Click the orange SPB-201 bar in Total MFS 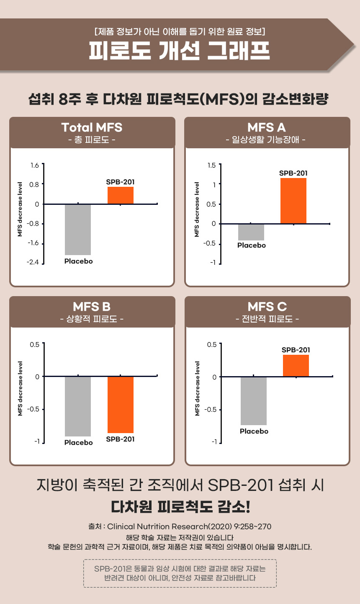[x=121, y=195]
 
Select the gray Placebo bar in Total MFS [x=78, y=230]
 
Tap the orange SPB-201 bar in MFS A [x=293, y=201]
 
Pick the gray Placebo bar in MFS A [x=251, y=232]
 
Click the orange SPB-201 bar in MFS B [x=121, y=405]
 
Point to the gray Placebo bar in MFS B [x=78, y=406]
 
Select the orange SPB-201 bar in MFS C [x=296, y=366]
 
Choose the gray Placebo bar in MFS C [x=254, y=401]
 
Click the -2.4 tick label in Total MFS [x=33, y=263]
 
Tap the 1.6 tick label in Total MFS [x=35, y=165]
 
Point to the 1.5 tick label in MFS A [x=212, y=165]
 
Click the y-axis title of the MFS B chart [x=20, y=388]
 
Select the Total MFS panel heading [x=92, y=127]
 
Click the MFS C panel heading [x=267, y=307]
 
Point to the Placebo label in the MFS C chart [x=254, y=431]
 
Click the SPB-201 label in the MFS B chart [x=121, y=439]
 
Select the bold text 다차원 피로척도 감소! [x=180, y=507]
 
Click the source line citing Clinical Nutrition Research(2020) [x=180, y=527]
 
